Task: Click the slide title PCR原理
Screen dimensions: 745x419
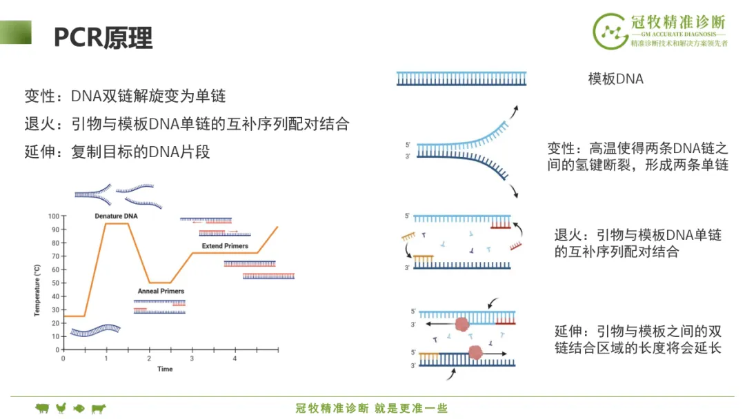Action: (x=103, y=37)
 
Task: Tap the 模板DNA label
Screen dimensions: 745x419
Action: (x=616, y=79)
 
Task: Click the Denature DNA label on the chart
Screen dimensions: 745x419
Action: (x=116, y=216)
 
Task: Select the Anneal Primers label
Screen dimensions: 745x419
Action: (x=161, y=291)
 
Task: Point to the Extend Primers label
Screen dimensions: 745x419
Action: (x=225, y=246)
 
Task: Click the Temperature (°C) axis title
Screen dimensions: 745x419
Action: (x=37, y=290)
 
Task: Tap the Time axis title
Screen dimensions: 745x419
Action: (x=165, y=369)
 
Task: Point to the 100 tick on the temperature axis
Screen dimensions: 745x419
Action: (x=54, y=216)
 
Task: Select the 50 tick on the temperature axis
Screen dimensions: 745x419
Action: (x=56, y=283)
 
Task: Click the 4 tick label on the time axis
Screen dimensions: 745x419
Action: (x=235, y=359)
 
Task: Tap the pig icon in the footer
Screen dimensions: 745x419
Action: (x=42, y=408)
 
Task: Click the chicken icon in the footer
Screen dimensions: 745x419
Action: (x=61, y=408)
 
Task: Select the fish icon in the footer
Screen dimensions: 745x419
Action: (x=79, y=408)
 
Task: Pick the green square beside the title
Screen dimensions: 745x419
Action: (x=16, y=32)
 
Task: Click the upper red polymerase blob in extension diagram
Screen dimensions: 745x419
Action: (x=461, y=324)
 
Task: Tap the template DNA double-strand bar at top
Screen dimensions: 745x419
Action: (x=461, y=79)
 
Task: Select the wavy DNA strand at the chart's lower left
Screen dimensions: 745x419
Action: (x=95, y=330)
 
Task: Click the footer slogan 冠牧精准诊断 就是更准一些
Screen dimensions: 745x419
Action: (x=372, y=408)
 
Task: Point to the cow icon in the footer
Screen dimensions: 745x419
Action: (x=99, y=408)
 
